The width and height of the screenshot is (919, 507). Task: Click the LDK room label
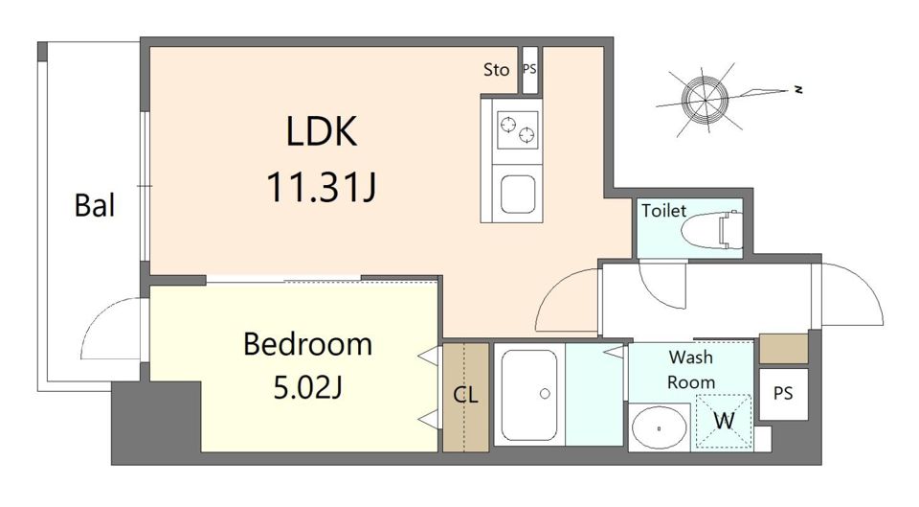[x=322, y=131]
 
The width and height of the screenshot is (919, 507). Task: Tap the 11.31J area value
[x=322, y=187]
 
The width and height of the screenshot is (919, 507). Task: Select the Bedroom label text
[x=307, y=344]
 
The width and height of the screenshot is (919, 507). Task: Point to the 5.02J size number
[x=307, y=387]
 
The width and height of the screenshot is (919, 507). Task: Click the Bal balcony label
[x=95, y=205]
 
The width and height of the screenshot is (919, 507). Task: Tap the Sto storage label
[x=497, y=70]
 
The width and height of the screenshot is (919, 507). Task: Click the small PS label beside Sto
[x=529, y=69]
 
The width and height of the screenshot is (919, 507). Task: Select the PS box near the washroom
[x=783, y=393]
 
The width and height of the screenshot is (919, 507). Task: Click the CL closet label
[x=466, y=396]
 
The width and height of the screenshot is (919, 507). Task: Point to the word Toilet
[x=663, y=210]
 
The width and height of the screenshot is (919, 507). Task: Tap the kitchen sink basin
[x=518, y=194]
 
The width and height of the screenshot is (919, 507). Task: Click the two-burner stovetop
[x=518, y=129]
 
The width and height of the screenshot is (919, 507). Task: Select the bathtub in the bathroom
[x=529, y=395]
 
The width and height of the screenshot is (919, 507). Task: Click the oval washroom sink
[x=660, y=428]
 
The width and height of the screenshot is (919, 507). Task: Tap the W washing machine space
[x=724, y=422]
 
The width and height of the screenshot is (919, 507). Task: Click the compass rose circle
[x=705, y=100]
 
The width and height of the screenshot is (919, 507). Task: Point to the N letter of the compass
[x=797, y=90]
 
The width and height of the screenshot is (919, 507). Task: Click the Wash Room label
[x=691, y=369]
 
